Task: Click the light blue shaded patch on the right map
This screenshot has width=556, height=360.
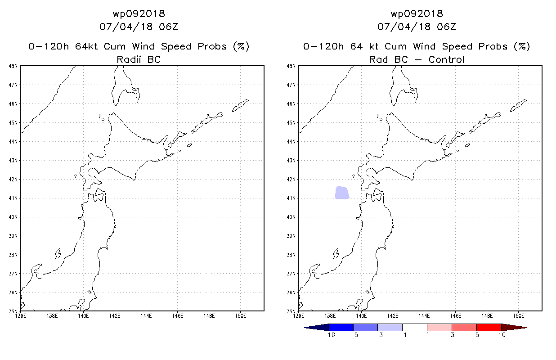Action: tap(342, 193)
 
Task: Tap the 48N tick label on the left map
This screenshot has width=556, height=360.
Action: tap(13, 66)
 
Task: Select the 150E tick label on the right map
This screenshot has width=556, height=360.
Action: tap(518, 316)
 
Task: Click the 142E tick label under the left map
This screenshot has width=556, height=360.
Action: tap(114, 316)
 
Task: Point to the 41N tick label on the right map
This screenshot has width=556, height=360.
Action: tap(291, 198)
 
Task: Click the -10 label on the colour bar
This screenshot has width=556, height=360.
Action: tap(329, 335)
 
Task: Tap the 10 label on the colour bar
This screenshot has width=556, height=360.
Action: tap(502, 335)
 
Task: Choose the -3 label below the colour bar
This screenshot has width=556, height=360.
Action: tap(378, 335)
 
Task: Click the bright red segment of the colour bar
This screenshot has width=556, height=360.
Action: tap(489, 328)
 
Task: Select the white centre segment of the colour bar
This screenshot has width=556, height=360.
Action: tap(414, 328)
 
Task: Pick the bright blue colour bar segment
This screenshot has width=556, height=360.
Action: tap(341, 328)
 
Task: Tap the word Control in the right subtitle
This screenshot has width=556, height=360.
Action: tap(446, 59)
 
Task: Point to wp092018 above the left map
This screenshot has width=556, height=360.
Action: tap(139, 14)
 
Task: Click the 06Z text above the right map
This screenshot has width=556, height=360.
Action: tap(446, 27)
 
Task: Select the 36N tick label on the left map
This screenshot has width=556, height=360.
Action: tap(13, 292)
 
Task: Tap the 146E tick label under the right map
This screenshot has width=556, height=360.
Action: tap(456, 316)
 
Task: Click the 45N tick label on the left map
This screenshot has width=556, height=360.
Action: tap(13, 123)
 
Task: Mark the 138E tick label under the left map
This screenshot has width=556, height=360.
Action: tap(52, 316)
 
